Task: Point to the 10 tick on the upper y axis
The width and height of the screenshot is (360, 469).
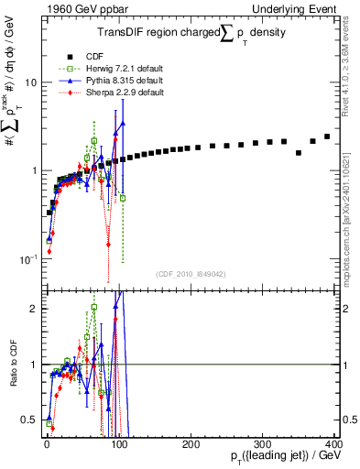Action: [30, 82]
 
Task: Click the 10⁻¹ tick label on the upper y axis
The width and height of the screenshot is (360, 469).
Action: [28, 260]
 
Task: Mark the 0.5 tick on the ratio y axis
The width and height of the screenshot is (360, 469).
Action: [30, 420]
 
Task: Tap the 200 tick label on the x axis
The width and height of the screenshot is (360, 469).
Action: [190, 443]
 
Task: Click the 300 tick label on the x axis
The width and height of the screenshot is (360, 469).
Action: [262, 443]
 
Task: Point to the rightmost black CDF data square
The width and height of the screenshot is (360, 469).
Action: [327, 136]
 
